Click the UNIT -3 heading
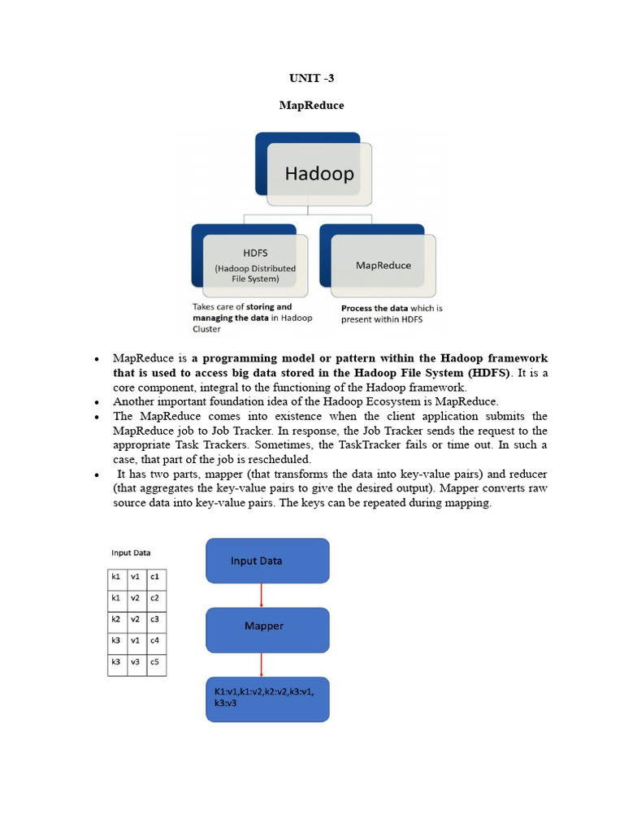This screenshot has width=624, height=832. click(311, 78)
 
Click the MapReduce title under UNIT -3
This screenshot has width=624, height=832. click(311, 106)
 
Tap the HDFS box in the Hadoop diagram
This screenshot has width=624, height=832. click(255, 265)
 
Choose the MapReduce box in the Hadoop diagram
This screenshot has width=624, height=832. click(383, 265)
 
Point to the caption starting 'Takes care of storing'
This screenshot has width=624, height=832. click(252, 318)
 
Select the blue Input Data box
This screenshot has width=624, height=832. click(267, 561)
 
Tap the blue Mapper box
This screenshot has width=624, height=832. click(267, 626)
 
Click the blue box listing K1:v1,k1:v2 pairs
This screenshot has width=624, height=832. click(267, 697)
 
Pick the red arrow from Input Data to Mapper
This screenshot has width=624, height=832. click(262, 595)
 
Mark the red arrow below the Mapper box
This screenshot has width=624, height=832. click(262, 665)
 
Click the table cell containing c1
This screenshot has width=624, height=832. click(155, 577)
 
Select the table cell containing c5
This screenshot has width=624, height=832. click(155, 661)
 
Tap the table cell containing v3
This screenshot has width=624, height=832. click(136, 661)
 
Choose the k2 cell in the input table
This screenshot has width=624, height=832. click(116, 619)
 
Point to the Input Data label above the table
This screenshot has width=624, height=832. click(131, 553)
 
